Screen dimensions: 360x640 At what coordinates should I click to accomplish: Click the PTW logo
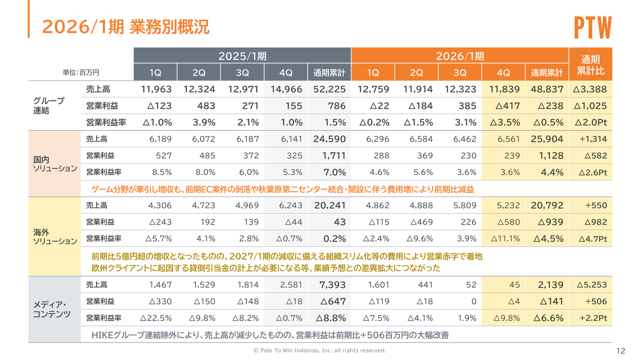[x=592, y=27]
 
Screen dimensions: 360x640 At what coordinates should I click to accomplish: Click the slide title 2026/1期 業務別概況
[x=125, y=27]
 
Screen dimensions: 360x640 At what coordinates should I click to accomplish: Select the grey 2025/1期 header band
[x=242, y=55]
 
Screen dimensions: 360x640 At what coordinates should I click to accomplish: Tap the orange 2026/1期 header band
[x=460, y=55]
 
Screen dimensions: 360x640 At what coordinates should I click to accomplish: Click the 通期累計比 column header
[x=590, y=64]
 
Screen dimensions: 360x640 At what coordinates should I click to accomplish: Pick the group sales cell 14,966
[x=285, y=89]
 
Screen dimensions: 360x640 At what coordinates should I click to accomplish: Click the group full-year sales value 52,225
[x=329, y=89]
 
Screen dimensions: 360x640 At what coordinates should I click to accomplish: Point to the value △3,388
[x=590, y=89]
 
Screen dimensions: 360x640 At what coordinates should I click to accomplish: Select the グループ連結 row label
[x=49, y=105]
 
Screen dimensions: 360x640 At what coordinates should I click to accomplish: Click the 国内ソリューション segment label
[x=54, y=164]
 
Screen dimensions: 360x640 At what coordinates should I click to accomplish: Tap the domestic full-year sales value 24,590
[x=329, y=139]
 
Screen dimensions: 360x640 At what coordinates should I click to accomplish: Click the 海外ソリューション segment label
[x=54, y=236]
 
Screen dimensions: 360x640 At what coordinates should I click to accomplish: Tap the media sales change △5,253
[x=591, y=285]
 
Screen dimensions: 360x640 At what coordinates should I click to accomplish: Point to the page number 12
[x=621, y=350]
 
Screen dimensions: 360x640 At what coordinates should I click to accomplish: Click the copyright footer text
[x=320, y=350]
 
